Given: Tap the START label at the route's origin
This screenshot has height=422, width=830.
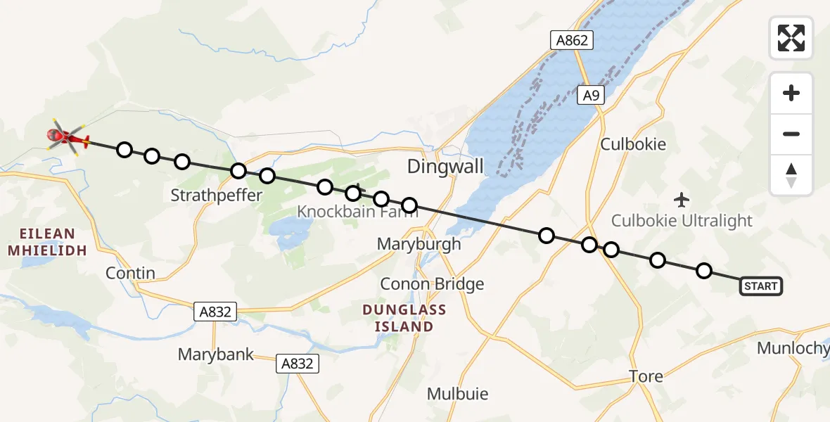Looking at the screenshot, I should click(x=760, y=286).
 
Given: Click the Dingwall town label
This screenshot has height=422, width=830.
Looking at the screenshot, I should click(x=446, y=167).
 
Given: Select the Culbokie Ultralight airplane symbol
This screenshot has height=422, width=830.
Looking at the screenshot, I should click(x=682, y=200).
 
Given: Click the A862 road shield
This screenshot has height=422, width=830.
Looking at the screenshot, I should click(x=571, y=40).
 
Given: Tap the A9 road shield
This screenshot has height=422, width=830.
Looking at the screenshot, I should click(x=592, y=96).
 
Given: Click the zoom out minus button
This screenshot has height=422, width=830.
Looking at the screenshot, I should click(x=791, y=134).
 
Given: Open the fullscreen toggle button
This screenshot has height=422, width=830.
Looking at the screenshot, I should click(x=791, y=38).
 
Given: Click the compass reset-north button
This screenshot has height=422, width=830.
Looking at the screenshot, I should click(x=791, y=174).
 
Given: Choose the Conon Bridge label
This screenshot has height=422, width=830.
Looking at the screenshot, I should click(x=432, y=284).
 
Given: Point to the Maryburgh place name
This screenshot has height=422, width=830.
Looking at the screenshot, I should click(x=419, y=244).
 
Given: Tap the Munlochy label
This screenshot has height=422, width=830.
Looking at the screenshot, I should click(x=792, y=348).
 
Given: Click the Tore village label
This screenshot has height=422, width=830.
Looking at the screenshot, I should click(x=646, y=376).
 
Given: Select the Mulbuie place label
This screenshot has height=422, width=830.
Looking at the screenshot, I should click(x=457, y=394).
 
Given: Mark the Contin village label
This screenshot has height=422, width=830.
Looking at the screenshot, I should click(x=130, y=273).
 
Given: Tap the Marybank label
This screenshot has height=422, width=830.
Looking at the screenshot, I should click(x=216, y=354).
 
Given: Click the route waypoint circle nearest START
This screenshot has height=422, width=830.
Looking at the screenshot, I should click(x=703, y=271).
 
